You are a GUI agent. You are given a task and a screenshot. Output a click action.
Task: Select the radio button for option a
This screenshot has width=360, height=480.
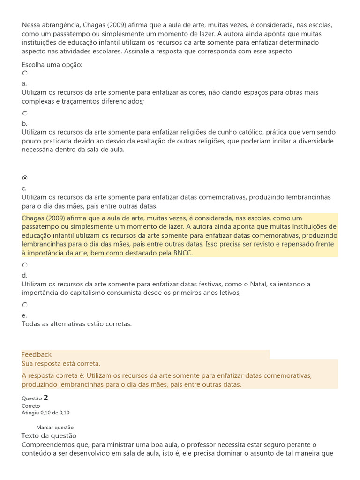(x=25, y=73)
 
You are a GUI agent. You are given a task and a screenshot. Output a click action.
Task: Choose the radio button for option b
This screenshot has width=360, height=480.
(x=25, y=113)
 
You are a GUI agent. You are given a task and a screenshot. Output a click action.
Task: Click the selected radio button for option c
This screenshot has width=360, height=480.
(x=25, y=178)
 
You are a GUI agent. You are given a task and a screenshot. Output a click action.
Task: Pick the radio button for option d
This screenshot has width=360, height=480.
(x=25, y=264)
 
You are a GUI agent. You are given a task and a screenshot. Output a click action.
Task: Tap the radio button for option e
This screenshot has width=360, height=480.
(x=25, y=304)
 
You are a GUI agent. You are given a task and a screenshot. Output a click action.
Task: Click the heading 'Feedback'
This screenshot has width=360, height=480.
(x=37, y=354)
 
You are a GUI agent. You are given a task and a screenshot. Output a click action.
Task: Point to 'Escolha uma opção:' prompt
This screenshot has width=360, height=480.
(x=52, y=64)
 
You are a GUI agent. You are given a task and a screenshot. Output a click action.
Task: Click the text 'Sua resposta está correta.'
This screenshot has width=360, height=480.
(x=61, y=364)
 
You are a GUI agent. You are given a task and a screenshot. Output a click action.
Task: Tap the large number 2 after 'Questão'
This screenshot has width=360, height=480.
(x=46, y=397)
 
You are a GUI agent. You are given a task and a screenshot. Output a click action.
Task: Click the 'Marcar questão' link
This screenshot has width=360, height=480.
(x=55, y=427)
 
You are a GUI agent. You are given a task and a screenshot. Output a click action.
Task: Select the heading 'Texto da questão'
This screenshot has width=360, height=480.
(x=49, y=436)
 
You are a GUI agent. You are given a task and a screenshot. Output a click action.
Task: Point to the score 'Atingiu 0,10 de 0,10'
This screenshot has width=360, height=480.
(x=45, y=412)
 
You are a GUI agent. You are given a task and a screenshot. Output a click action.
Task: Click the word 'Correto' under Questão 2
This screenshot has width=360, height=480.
(x=31, y=406)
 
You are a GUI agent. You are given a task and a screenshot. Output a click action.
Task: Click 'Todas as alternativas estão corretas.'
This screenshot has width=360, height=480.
(x=77, y=323)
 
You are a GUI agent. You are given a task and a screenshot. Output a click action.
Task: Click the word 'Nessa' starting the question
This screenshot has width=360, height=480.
(x=31, y=25)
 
